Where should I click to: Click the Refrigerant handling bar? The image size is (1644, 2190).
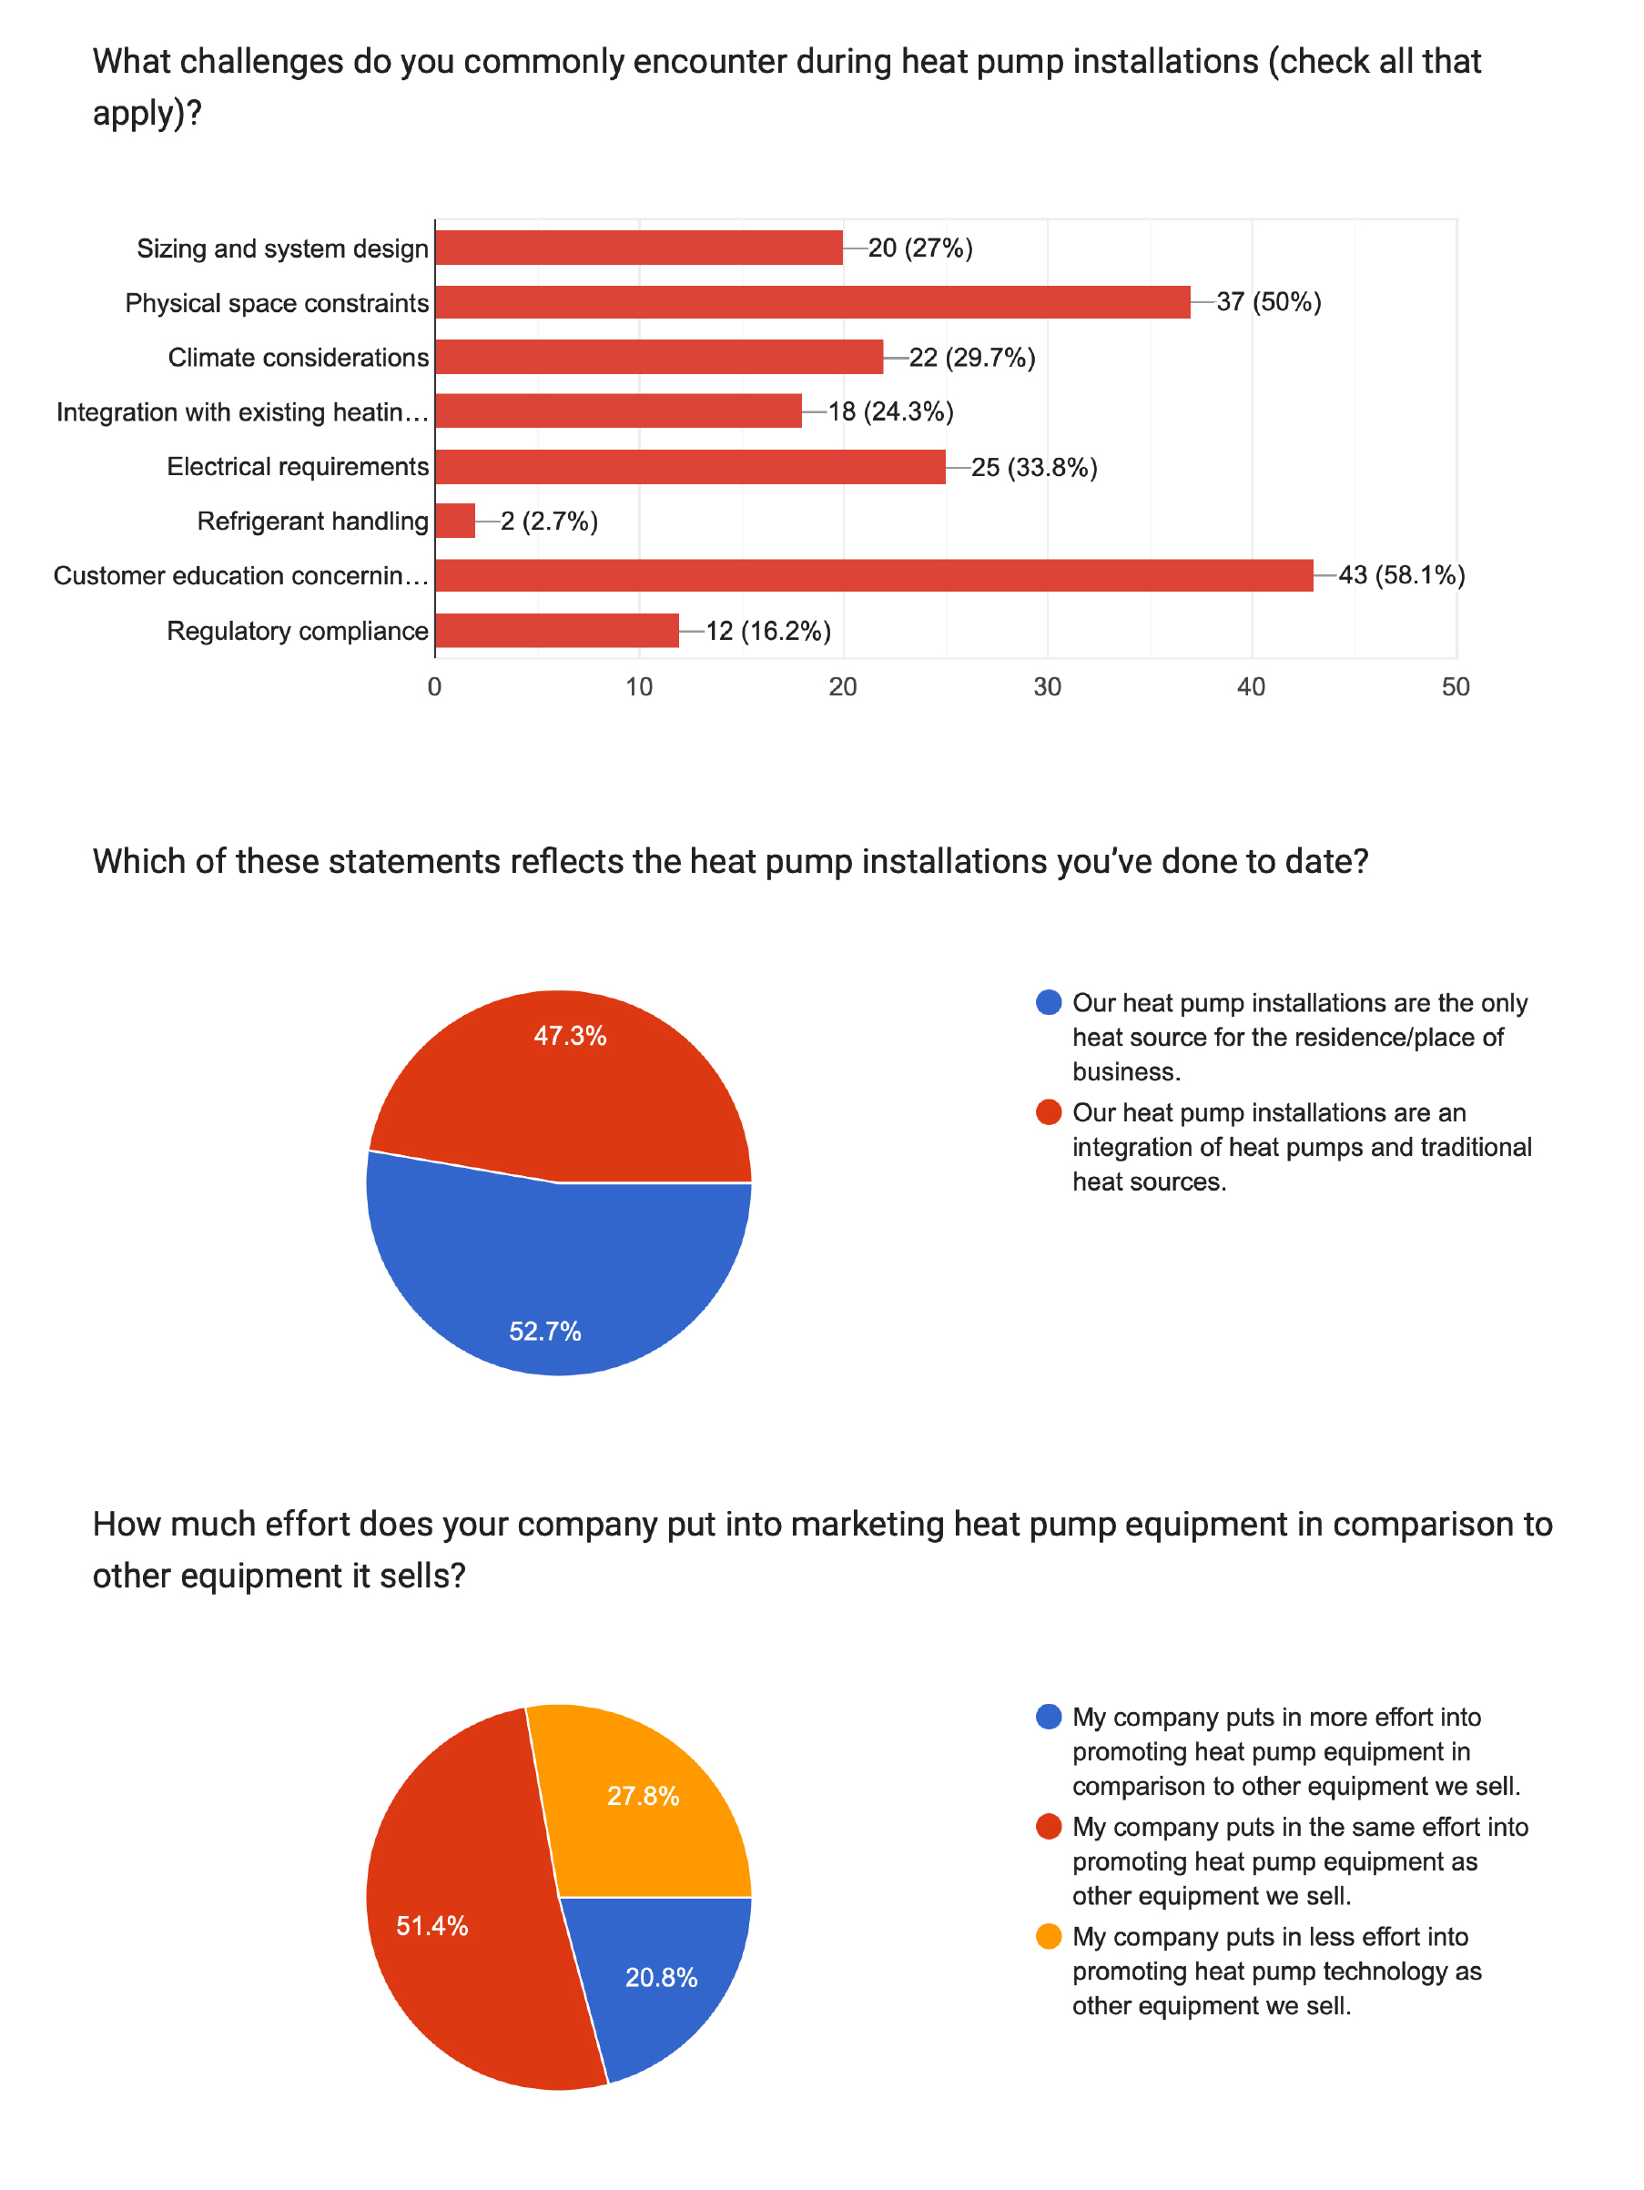[454, 521]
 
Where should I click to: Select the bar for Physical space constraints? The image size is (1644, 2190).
[812, 302]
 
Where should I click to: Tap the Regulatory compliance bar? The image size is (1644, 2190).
[556, 631]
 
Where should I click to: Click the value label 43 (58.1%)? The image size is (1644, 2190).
[1400, 575]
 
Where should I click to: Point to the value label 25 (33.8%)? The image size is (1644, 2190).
[1034, 467]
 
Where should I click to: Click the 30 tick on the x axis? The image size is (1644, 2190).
[1047, 687]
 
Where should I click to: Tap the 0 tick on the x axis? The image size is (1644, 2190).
[435, 687]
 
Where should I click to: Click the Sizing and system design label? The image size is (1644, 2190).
[282, 248]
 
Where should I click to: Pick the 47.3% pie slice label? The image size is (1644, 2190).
[570, 1036]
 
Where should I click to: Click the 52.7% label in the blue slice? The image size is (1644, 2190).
[544, 1332]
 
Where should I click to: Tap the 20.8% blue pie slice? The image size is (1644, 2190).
[662, 1977]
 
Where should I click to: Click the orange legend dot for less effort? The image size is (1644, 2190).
[1048, 1937]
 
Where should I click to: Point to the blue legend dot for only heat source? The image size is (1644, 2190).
[1048, 1003]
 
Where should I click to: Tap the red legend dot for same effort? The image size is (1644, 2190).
[1048, 1827]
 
